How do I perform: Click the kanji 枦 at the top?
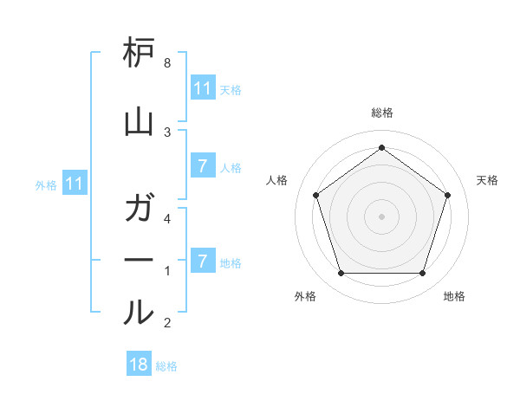(139, 55)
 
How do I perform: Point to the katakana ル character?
(139, 312)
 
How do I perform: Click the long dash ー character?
(139, 260)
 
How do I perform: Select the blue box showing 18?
(139, 365)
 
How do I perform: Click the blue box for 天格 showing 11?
(203, 88)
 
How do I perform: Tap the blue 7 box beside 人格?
(203, 166)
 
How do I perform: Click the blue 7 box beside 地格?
(203, 261)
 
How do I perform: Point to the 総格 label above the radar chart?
(382, 113)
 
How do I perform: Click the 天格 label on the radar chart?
(488, 180)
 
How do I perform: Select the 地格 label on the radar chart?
(454, 297)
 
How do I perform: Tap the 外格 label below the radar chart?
(305, 297)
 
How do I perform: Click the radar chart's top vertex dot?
(381, 147)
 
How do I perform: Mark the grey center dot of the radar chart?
(381, 216)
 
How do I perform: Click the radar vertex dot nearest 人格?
(315, 195)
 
